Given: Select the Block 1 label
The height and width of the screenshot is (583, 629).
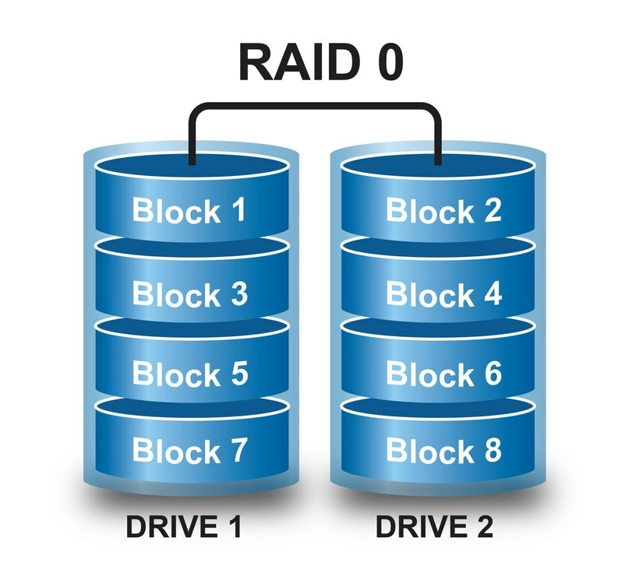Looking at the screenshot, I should [189, 210].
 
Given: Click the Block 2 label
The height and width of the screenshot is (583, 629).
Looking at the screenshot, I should [443, 210].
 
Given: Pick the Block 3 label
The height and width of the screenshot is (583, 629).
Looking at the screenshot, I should [190, 294].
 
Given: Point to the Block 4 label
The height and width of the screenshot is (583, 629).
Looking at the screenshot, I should [443, 294].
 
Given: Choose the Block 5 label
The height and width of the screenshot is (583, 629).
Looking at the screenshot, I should [190, 374].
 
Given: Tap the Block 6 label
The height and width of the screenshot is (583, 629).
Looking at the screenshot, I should [443, 374].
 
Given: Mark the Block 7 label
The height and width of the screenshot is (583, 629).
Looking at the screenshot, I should [190, 450].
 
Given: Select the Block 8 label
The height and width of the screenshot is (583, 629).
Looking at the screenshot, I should [443, 450].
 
